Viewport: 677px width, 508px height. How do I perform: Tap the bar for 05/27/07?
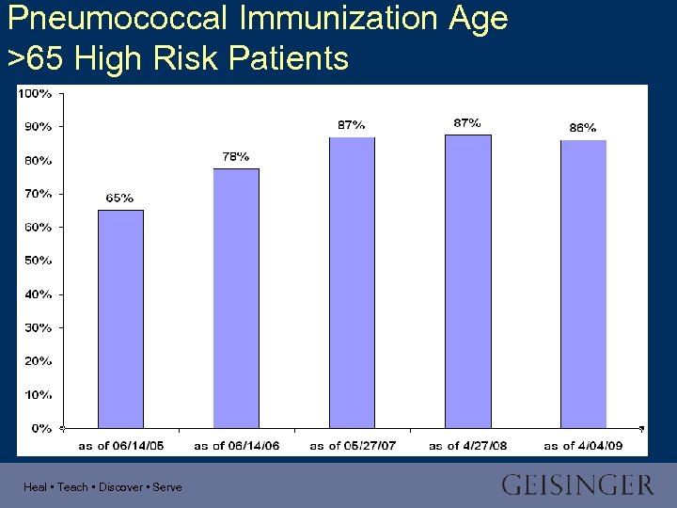[x=352, y=282]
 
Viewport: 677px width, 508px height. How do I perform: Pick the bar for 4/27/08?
[x=467, y=281]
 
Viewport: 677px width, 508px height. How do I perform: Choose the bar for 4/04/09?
[x=583, y=283]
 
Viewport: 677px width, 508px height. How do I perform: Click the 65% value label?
[x=119, y=198]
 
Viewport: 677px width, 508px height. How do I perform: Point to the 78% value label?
[x=236, y=156]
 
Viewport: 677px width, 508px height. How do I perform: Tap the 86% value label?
[x=583, y=127]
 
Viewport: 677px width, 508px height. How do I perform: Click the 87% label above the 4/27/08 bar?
[x=467, y=122]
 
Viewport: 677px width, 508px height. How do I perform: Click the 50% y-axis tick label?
[x=38, y=261]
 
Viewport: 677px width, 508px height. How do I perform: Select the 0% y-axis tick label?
[x=41, y=428]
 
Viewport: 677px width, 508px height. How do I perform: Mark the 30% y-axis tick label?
[x=38, y=327]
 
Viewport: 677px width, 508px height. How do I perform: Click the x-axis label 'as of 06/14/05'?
[x=120, y=445]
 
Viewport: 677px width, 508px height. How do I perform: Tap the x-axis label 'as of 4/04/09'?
[x=583, y=445]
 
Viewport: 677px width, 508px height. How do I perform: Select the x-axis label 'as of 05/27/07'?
[x=352, y=445]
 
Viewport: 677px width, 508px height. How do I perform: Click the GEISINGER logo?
[x=576, y=485]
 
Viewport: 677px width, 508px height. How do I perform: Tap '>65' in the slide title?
[x=37, y=58]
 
